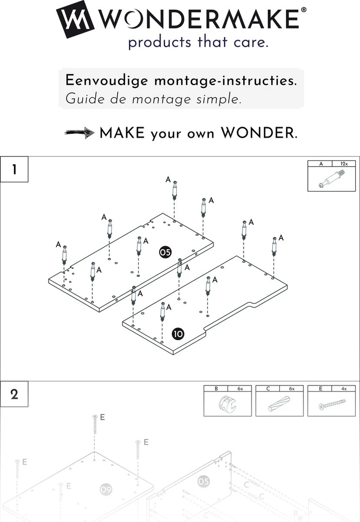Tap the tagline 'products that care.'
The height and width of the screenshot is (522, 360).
point(198,43)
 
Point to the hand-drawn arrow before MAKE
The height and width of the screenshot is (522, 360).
point(80,133)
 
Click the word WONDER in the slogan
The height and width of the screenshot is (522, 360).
point(258,133)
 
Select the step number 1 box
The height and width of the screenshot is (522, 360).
point(14,169)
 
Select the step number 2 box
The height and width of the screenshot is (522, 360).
point(14,395)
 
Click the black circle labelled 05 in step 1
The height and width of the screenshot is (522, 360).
point(165,252)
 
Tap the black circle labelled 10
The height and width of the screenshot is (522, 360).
point(178,334)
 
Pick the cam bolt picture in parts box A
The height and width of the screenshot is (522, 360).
point(331,180)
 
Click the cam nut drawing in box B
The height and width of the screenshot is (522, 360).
point(227,405)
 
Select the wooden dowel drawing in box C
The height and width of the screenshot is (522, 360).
point(279,405)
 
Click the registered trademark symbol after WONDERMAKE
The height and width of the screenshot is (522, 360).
point(303,9)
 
